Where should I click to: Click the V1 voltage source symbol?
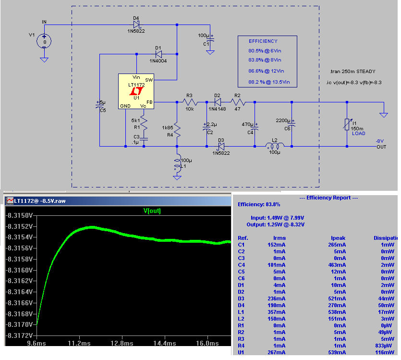[x=44, y=41]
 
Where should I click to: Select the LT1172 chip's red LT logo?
[x=136, y=91]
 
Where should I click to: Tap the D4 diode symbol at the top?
[x=136, y=25]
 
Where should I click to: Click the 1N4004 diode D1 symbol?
[x=158, y=54]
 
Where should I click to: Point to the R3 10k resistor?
[x=190, y=102]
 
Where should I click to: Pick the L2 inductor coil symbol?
[x=275, y=146]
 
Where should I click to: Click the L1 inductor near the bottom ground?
[x=177, y=163]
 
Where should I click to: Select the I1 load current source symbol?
[x=347, y=124]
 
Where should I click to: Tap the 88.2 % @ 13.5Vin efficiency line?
[x=269, y=82]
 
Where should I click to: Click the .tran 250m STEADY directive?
[x=352, y=72]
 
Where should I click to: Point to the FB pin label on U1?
[x=149, y=102]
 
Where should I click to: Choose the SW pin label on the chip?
[x=149, y=80]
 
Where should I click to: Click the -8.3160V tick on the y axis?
[x=19, y=270]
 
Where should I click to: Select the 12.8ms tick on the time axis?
[x=122, y=343]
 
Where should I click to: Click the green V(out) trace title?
[x=152, y=211]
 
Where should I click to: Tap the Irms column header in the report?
[x=279, y=238]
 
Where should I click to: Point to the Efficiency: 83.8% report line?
[x=259, y=204]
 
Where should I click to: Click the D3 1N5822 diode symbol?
[x=221, y=147]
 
